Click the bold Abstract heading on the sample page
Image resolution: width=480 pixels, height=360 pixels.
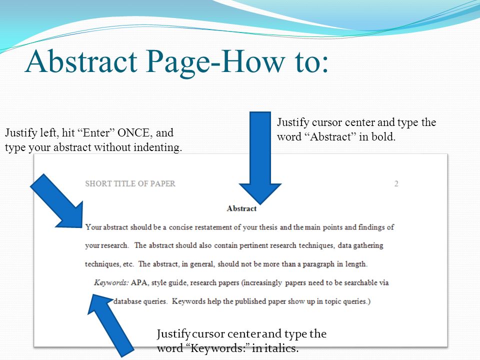coord(241,208)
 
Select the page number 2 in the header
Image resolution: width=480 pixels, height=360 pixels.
coord(396,183)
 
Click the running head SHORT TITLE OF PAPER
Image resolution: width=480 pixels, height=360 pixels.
coord(130,183)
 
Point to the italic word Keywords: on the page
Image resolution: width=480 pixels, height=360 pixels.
coord(111,282)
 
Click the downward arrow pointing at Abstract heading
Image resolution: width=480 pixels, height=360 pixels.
coord(260,158)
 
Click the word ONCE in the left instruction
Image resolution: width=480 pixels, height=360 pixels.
coord(133,133)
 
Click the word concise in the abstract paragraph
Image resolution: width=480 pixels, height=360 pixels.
coord(180,227)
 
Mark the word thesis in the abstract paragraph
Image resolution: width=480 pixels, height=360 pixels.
coord(268,227)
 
